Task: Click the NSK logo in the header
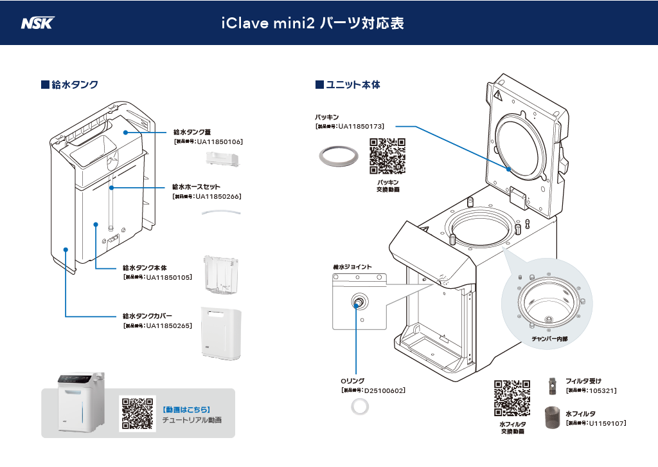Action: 38,23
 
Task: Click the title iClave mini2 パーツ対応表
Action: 312,23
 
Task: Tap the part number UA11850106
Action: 219,141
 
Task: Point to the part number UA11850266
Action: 218,196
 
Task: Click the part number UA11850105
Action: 169,277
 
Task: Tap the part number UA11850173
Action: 360,127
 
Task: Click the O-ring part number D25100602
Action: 384,390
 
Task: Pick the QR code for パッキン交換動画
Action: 387,156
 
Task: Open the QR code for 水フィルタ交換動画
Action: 512,398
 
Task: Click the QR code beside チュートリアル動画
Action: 138,413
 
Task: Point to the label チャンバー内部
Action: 549,338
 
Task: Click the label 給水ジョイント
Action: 352,266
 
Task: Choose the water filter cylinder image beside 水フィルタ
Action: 552,418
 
